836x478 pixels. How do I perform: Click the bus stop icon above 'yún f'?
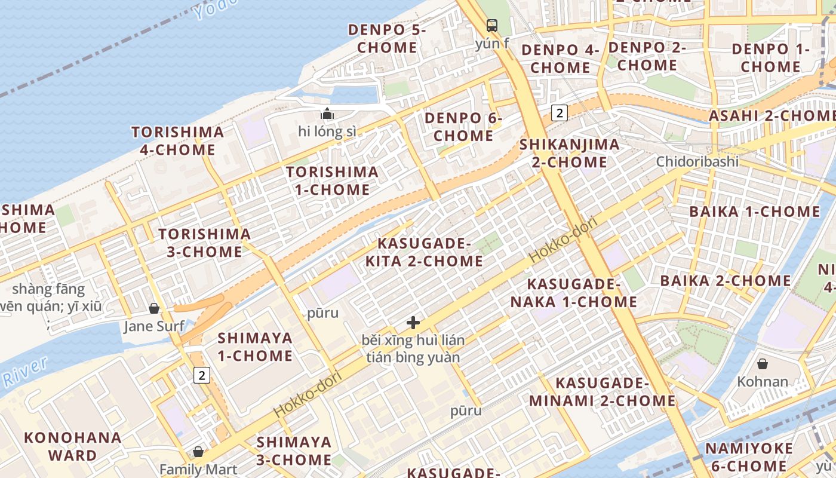point(492,26)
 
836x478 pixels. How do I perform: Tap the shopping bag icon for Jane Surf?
point(154,308)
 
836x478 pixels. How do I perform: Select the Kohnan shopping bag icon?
point(763,363)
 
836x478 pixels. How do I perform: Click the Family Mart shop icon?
point(198,451)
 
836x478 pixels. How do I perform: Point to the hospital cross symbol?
point(413,323)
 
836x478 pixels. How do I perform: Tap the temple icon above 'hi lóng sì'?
point(327,114)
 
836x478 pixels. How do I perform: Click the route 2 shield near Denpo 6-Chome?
point(559,112)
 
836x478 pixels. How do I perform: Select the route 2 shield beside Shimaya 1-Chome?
point(202,375)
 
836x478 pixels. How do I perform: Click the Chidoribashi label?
point(697,161)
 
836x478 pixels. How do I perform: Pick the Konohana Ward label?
point(73,446)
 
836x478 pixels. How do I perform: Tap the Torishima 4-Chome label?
point(177,140)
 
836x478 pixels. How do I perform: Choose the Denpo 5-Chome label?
point(387,38)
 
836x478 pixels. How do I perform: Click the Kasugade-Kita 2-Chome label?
point(424,252)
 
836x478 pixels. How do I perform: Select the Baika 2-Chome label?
point(725,280)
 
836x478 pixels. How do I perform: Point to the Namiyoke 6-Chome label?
point(749,457)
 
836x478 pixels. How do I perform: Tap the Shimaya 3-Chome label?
point(294,451)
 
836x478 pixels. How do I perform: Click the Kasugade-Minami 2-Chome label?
point(602,391)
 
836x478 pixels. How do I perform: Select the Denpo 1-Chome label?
point(770,57)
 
